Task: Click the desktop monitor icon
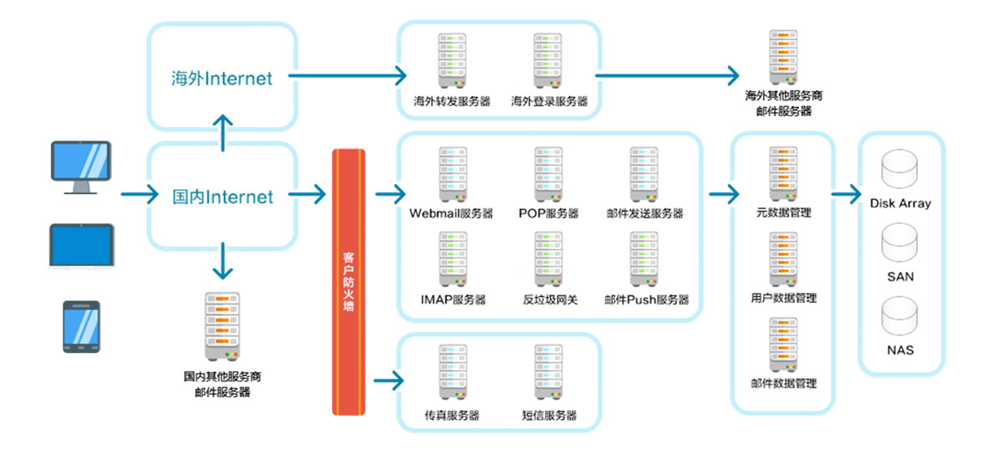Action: click(80, 166)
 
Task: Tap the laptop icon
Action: click(81, 245)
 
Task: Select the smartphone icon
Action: click(81, 326)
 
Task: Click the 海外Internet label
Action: click(222, 79)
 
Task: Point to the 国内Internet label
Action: click(222, 197)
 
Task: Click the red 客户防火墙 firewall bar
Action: click(349, 282)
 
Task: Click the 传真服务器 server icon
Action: click(453, 373)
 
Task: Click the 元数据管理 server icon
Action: click(782, 173)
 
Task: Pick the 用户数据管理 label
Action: click(783, 298)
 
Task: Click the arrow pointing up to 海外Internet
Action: click(222, 132)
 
